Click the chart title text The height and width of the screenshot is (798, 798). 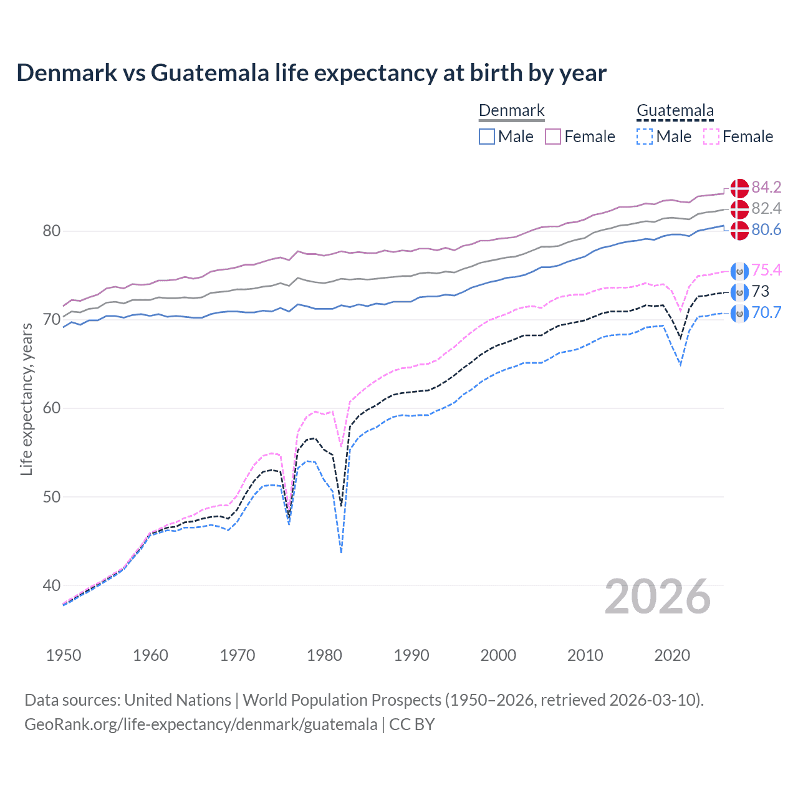point(311,73)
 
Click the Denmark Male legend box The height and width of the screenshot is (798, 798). point(487,137)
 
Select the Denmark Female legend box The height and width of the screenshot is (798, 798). point(554,137)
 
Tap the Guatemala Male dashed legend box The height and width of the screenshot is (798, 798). point(645,137)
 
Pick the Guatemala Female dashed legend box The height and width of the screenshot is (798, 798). point(711,137)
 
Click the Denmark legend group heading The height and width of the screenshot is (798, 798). point(511,111)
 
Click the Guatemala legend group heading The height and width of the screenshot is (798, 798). point(675,111)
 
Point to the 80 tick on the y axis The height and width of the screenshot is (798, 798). point(52,231)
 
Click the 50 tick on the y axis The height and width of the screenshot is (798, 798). point(52,497)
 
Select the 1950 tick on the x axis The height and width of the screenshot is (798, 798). point(64,655)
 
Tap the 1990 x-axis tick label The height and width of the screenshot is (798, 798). point(411,655)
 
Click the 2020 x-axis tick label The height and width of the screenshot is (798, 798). point(672,655)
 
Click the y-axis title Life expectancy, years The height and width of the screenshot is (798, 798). point(26,399)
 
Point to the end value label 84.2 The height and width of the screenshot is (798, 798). point(766,187)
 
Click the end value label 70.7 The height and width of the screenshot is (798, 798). point(766,312)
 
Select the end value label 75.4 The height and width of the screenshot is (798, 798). point(766,270)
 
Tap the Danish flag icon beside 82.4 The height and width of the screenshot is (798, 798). point(739,209)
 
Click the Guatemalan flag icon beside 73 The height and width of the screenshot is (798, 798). point(739,292)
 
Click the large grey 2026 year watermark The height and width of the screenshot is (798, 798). point(658,597)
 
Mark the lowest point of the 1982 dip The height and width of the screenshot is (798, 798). point(341,552)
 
